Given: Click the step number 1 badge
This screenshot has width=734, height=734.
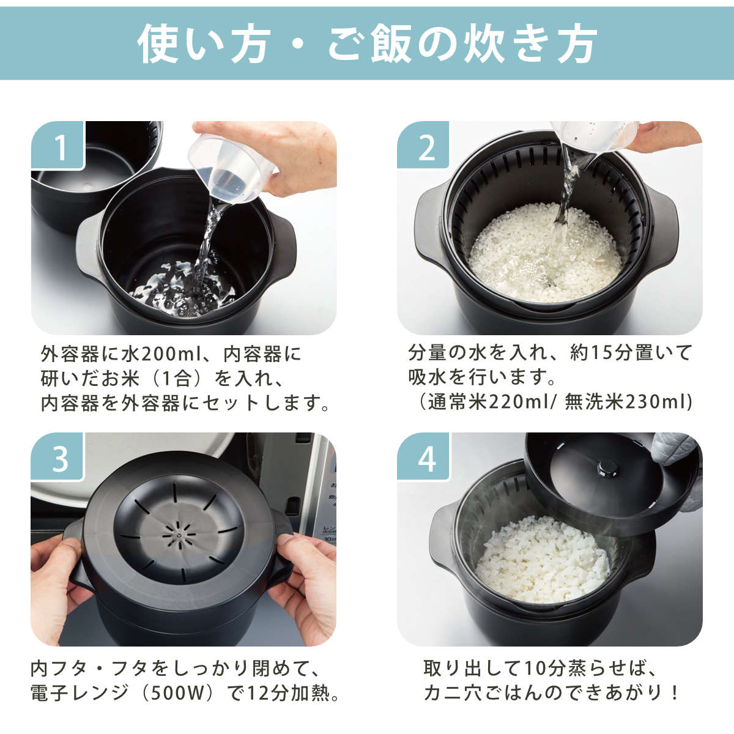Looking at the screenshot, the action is point(57,145).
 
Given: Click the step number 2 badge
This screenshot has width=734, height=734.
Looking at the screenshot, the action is point(423,145).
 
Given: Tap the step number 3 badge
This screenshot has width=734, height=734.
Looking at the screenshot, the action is point(57,456).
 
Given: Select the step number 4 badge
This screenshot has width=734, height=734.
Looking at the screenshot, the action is point(423,456).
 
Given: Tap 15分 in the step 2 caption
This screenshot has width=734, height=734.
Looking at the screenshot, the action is point(610,353).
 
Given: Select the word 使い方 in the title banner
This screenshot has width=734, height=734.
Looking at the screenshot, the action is point(204,43).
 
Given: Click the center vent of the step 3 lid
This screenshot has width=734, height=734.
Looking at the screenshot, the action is point(179,535).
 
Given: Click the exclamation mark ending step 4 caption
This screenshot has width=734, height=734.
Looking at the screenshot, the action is point(675,693).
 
